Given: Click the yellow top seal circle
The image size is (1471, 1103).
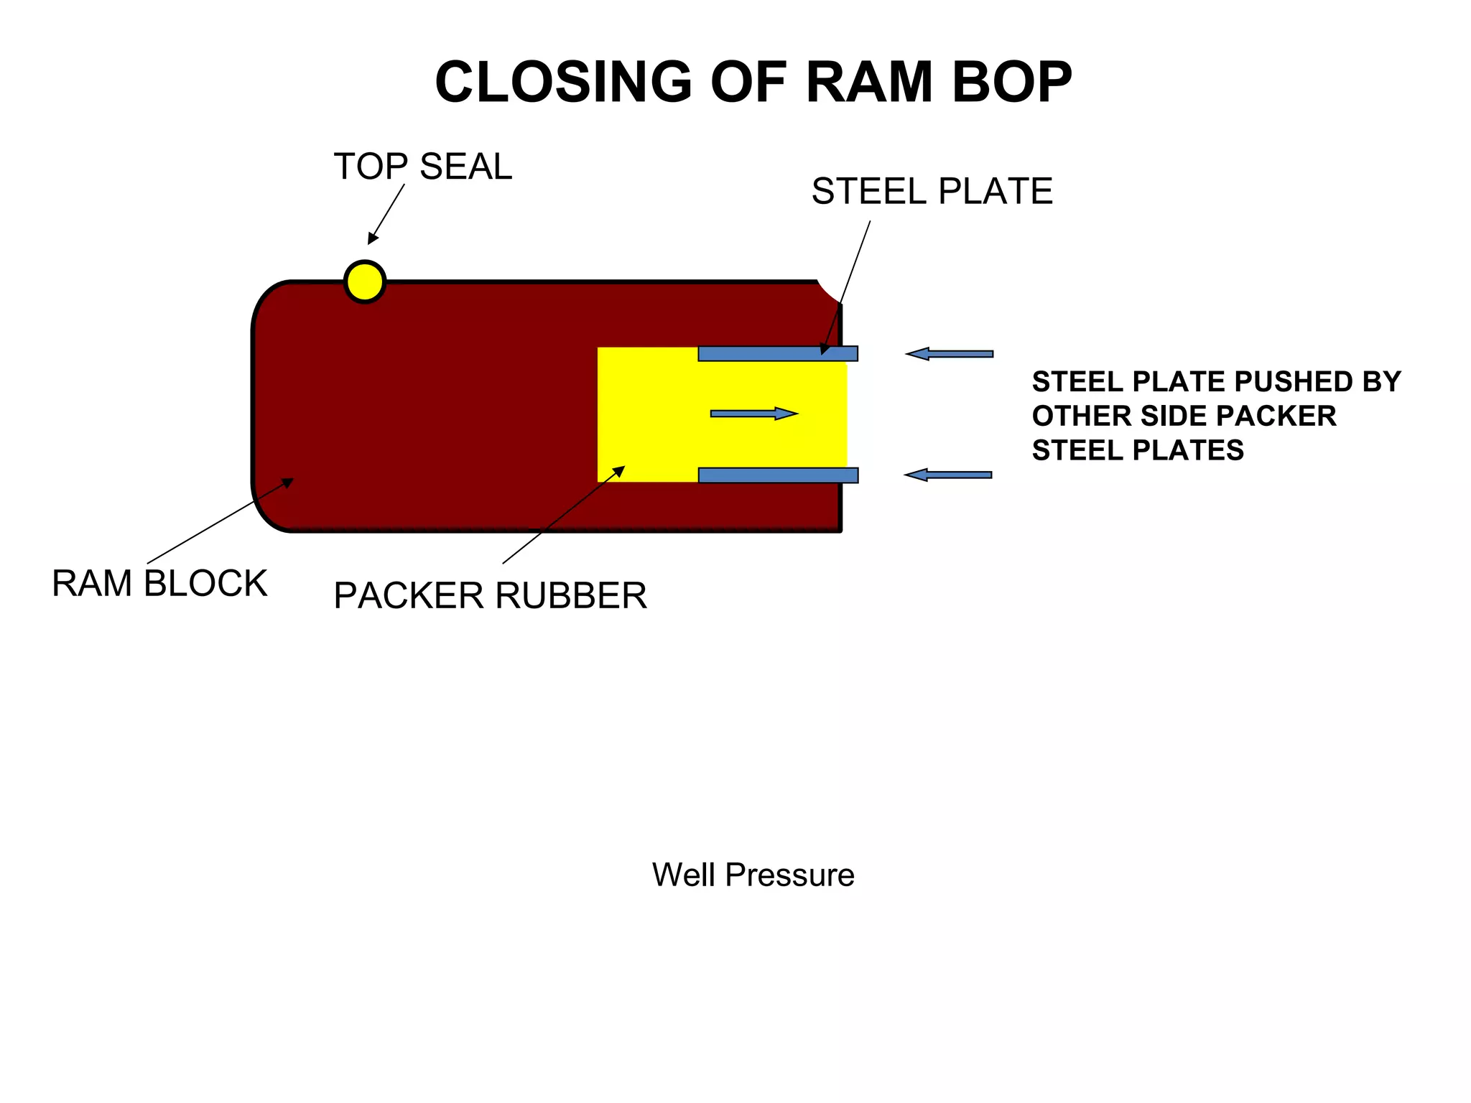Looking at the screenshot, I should (365, 282).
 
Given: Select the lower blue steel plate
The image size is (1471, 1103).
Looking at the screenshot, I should (778, 475).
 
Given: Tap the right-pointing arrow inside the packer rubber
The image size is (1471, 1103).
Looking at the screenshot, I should (753, 413).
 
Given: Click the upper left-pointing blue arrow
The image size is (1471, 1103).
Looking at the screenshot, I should (949, 353).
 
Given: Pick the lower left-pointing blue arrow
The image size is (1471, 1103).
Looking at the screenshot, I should (947, 475).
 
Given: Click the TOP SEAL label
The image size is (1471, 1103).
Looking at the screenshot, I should (422, 167).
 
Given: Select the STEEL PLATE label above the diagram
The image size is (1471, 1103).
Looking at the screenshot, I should (932, 192).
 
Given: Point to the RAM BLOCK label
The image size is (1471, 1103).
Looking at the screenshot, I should (159, 583).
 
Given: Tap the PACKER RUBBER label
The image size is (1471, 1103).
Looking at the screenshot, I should (490, 596).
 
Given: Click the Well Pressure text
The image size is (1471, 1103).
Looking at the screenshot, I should (753, 875).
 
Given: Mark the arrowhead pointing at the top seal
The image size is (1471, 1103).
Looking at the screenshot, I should (372, 239).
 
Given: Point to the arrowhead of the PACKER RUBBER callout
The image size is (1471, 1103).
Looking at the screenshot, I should (619, 470).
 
